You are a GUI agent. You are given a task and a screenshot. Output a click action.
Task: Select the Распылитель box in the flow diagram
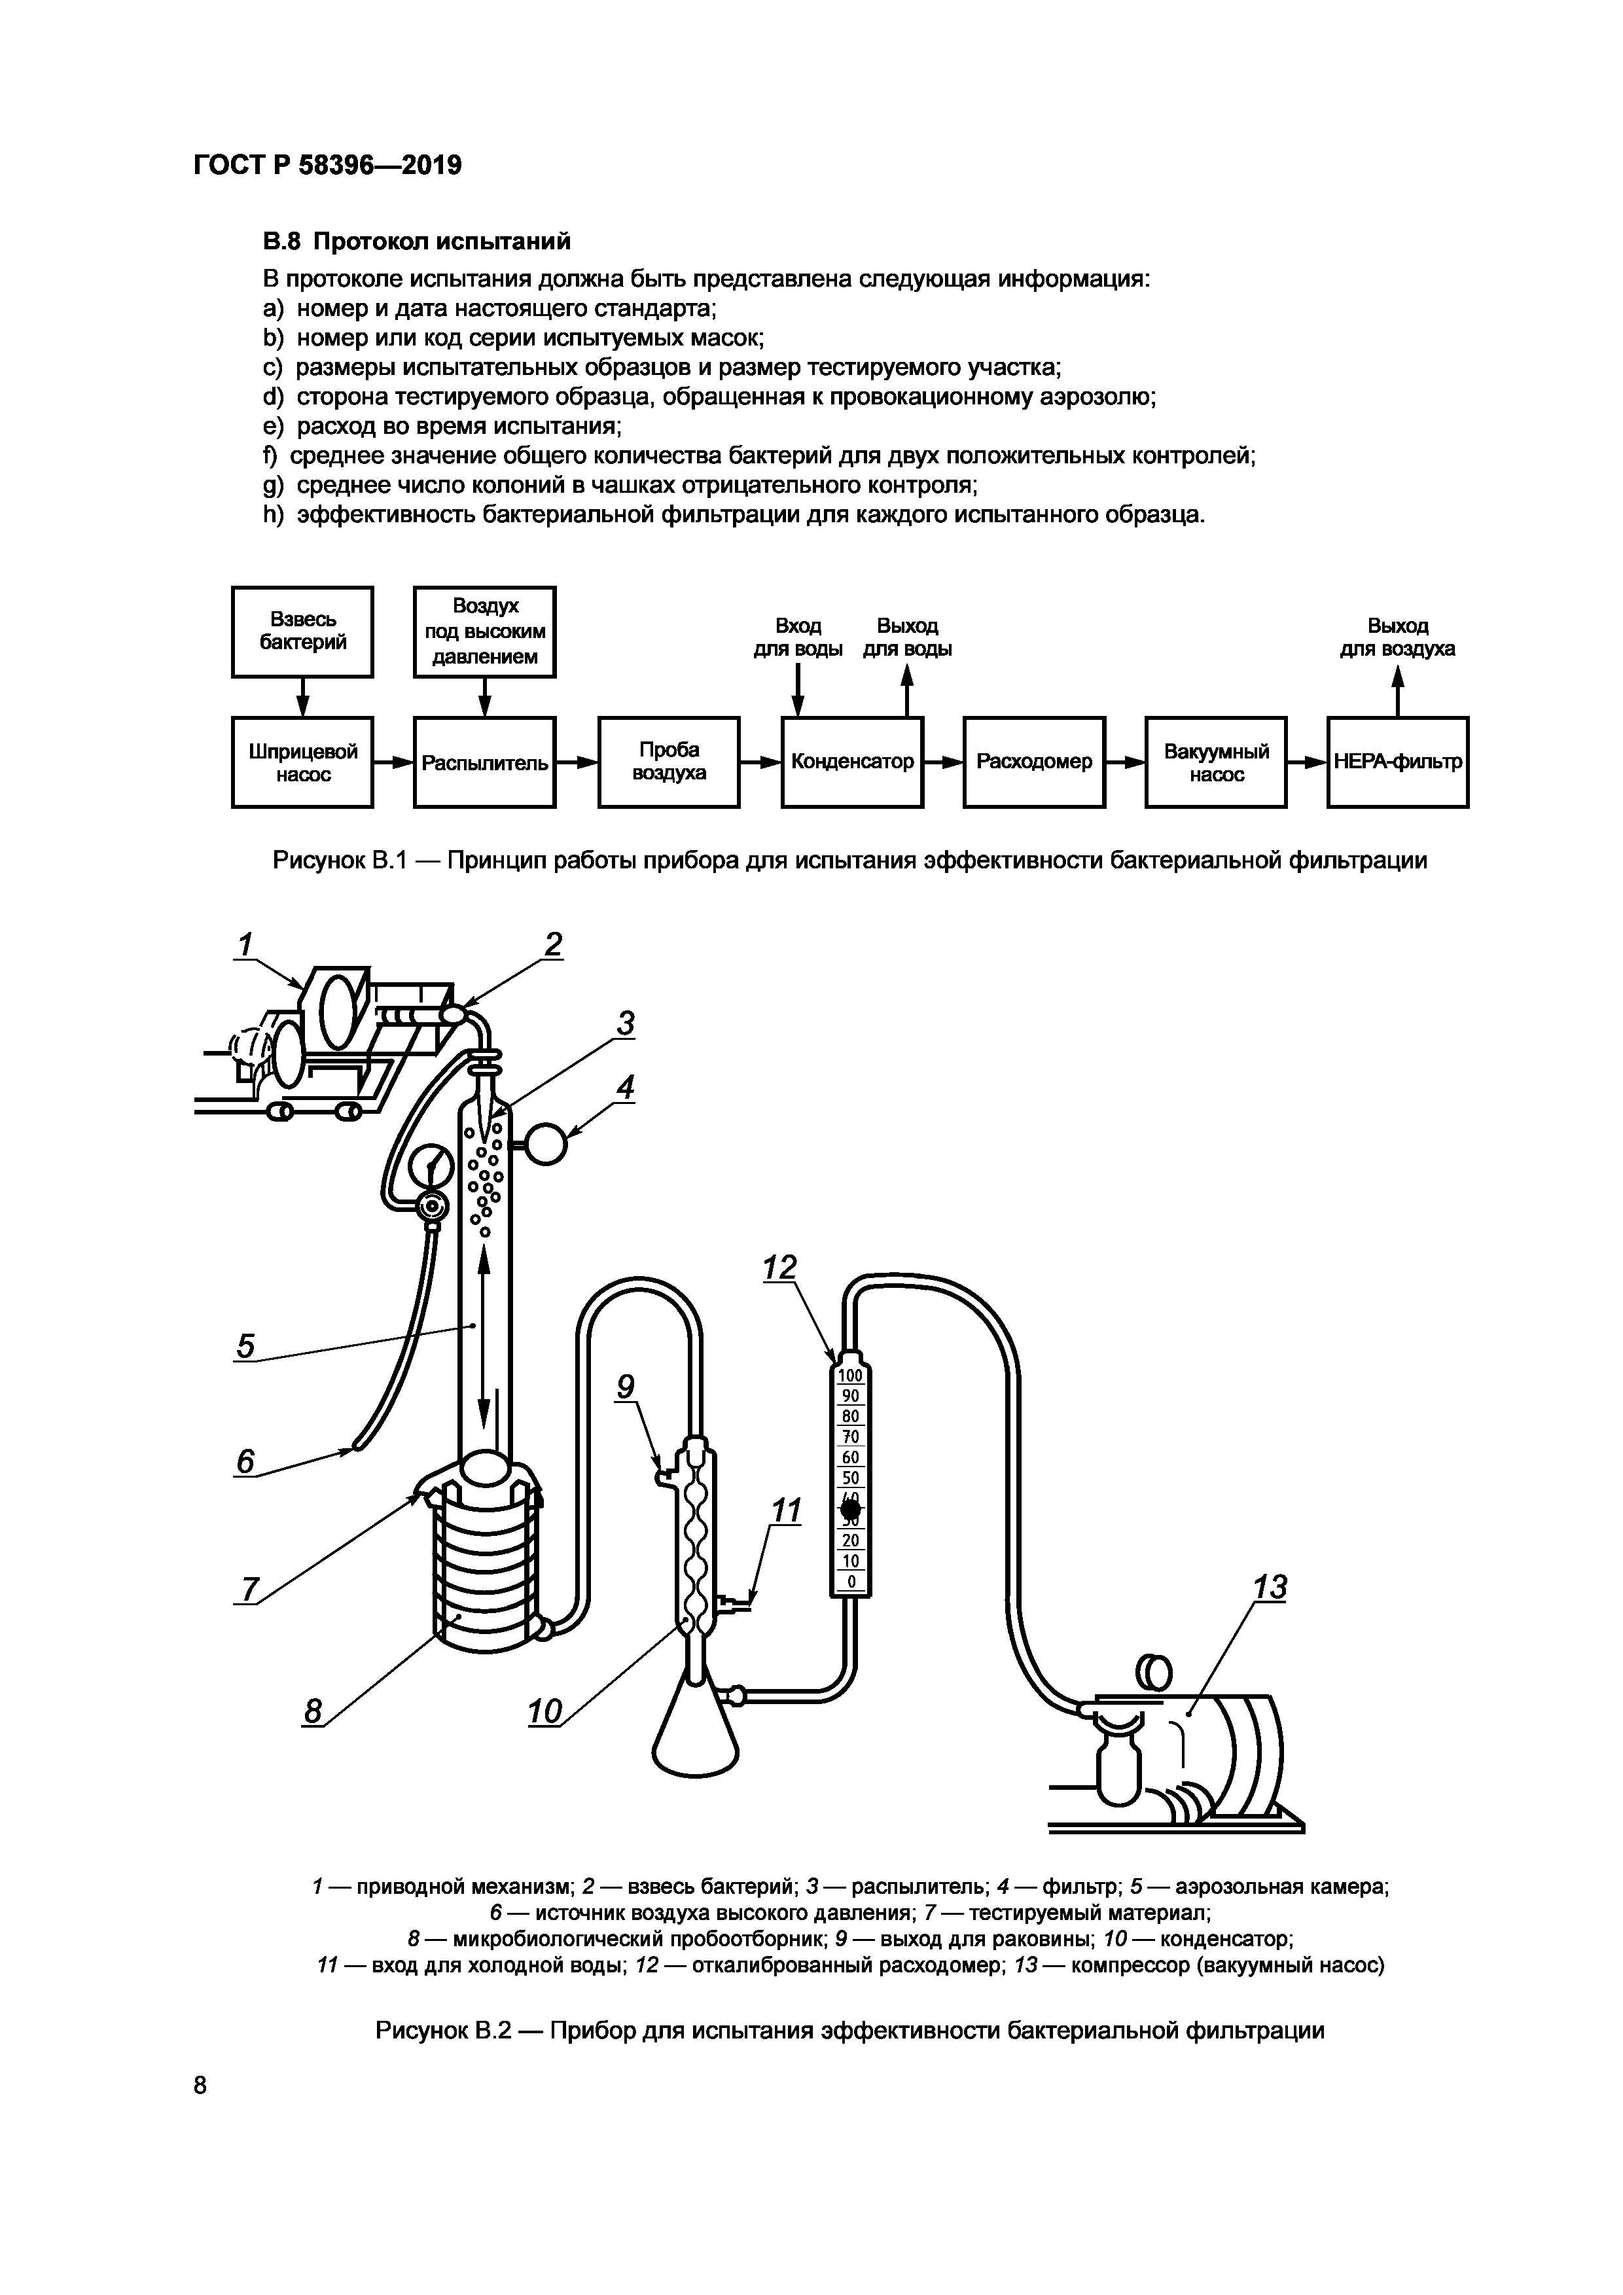(485, 762)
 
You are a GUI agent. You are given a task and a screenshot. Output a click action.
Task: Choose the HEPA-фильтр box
(1397, 762)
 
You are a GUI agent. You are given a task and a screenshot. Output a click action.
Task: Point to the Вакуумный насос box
(1215, 762)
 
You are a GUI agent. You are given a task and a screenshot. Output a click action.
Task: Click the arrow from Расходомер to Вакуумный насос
(1126, 762)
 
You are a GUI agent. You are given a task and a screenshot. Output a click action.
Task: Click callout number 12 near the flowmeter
(779, 1268)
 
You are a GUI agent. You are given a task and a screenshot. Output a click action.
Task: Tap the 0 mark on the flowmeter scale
(851, 1581)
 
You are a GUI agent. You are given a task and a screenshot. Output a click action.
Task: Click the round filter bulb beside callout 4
(546, 1145)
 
